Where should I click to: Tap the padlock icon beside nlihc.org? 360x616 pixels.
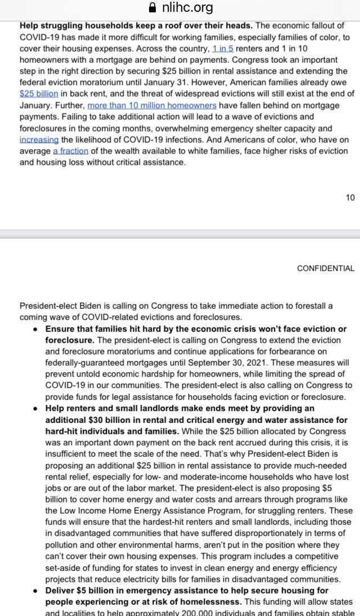click(150, 8)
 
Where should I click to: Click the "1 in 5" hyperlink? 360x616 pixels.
click(223, 48)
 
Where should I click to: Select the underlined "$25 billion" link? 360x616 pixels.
click(39, 93)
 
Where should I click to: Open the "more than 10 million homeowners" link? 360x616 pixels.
click(152, 105)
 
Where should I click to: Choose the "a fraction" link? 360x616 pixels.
click(71, 151)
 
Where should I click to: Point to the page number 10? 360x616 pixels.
click(350, 197)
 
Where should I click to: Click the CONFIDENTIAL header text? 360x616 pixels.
click(326, 268)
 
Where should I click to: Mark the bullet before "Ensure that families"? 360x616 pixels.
click(36, 329)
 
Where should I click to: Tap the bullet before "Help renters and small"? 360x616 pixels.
click(36, 408)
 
